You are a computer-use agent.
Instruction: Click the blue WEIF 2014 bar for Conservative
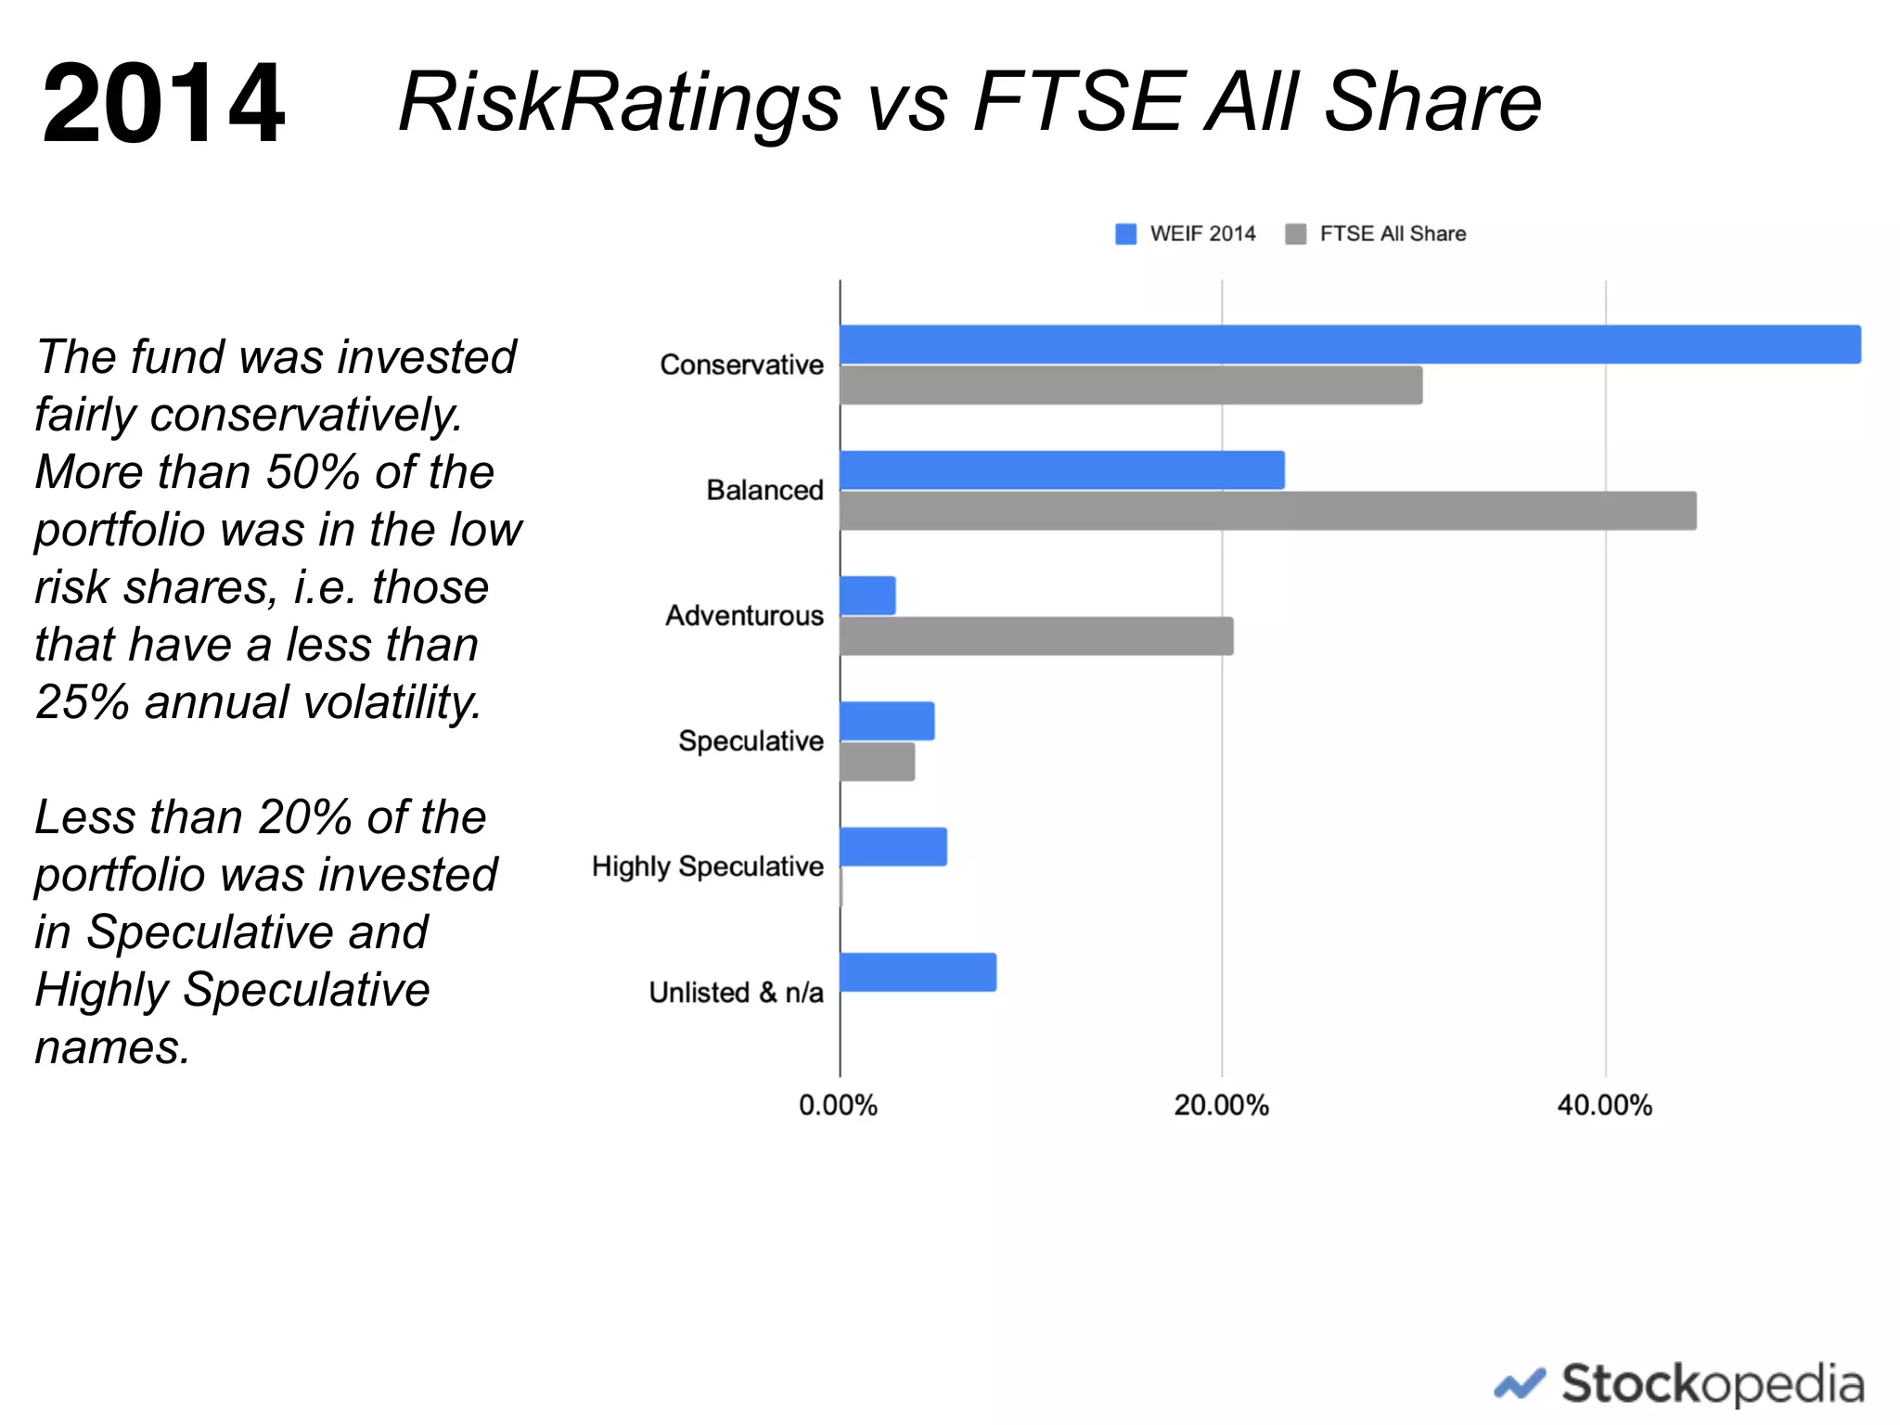click(1350, 344)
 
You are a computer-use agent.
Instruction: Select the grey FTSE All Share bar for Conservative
click(1130, 385)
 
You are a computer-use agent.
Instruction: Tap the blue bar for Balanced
click(1061, 470)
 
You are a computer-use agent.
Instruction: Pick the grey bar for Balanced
click(1267, 511)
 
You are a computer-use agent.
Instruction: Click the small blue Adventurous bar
click(867, 596)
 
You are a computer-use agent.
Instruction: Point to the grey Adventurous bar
click(1036, 636)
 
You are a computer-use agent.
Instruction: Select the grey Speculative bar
click(877, 762)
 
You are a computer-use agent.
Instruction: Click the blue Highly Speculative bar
click(892, 847)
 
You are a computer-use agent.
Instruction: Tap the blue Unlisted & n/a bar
click(918, 972)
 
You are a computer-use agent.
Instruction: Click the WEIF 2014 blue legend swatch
click(1125, 234)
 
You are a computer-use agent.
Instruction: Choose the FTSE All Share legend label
click(1392, 234)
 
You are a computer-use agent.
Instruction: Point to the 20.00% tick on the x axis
click(1221, 1105)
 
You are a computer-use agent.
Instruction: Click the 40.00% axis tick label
click(1604, 1105)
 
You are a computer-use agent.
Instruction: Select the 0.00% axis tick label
click(838, 1105)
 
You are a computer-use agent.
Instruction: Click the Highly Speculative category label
click(708, 867)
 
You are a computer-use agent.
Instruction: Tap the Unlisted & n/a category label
click(736, 992)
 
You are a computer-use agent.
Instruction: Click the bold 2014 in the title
click(163, 103)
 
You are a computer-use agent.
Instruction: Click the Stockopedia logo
click(1679, 1385)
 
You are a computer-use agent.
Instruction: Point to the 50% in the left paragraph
click(313, 471)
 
